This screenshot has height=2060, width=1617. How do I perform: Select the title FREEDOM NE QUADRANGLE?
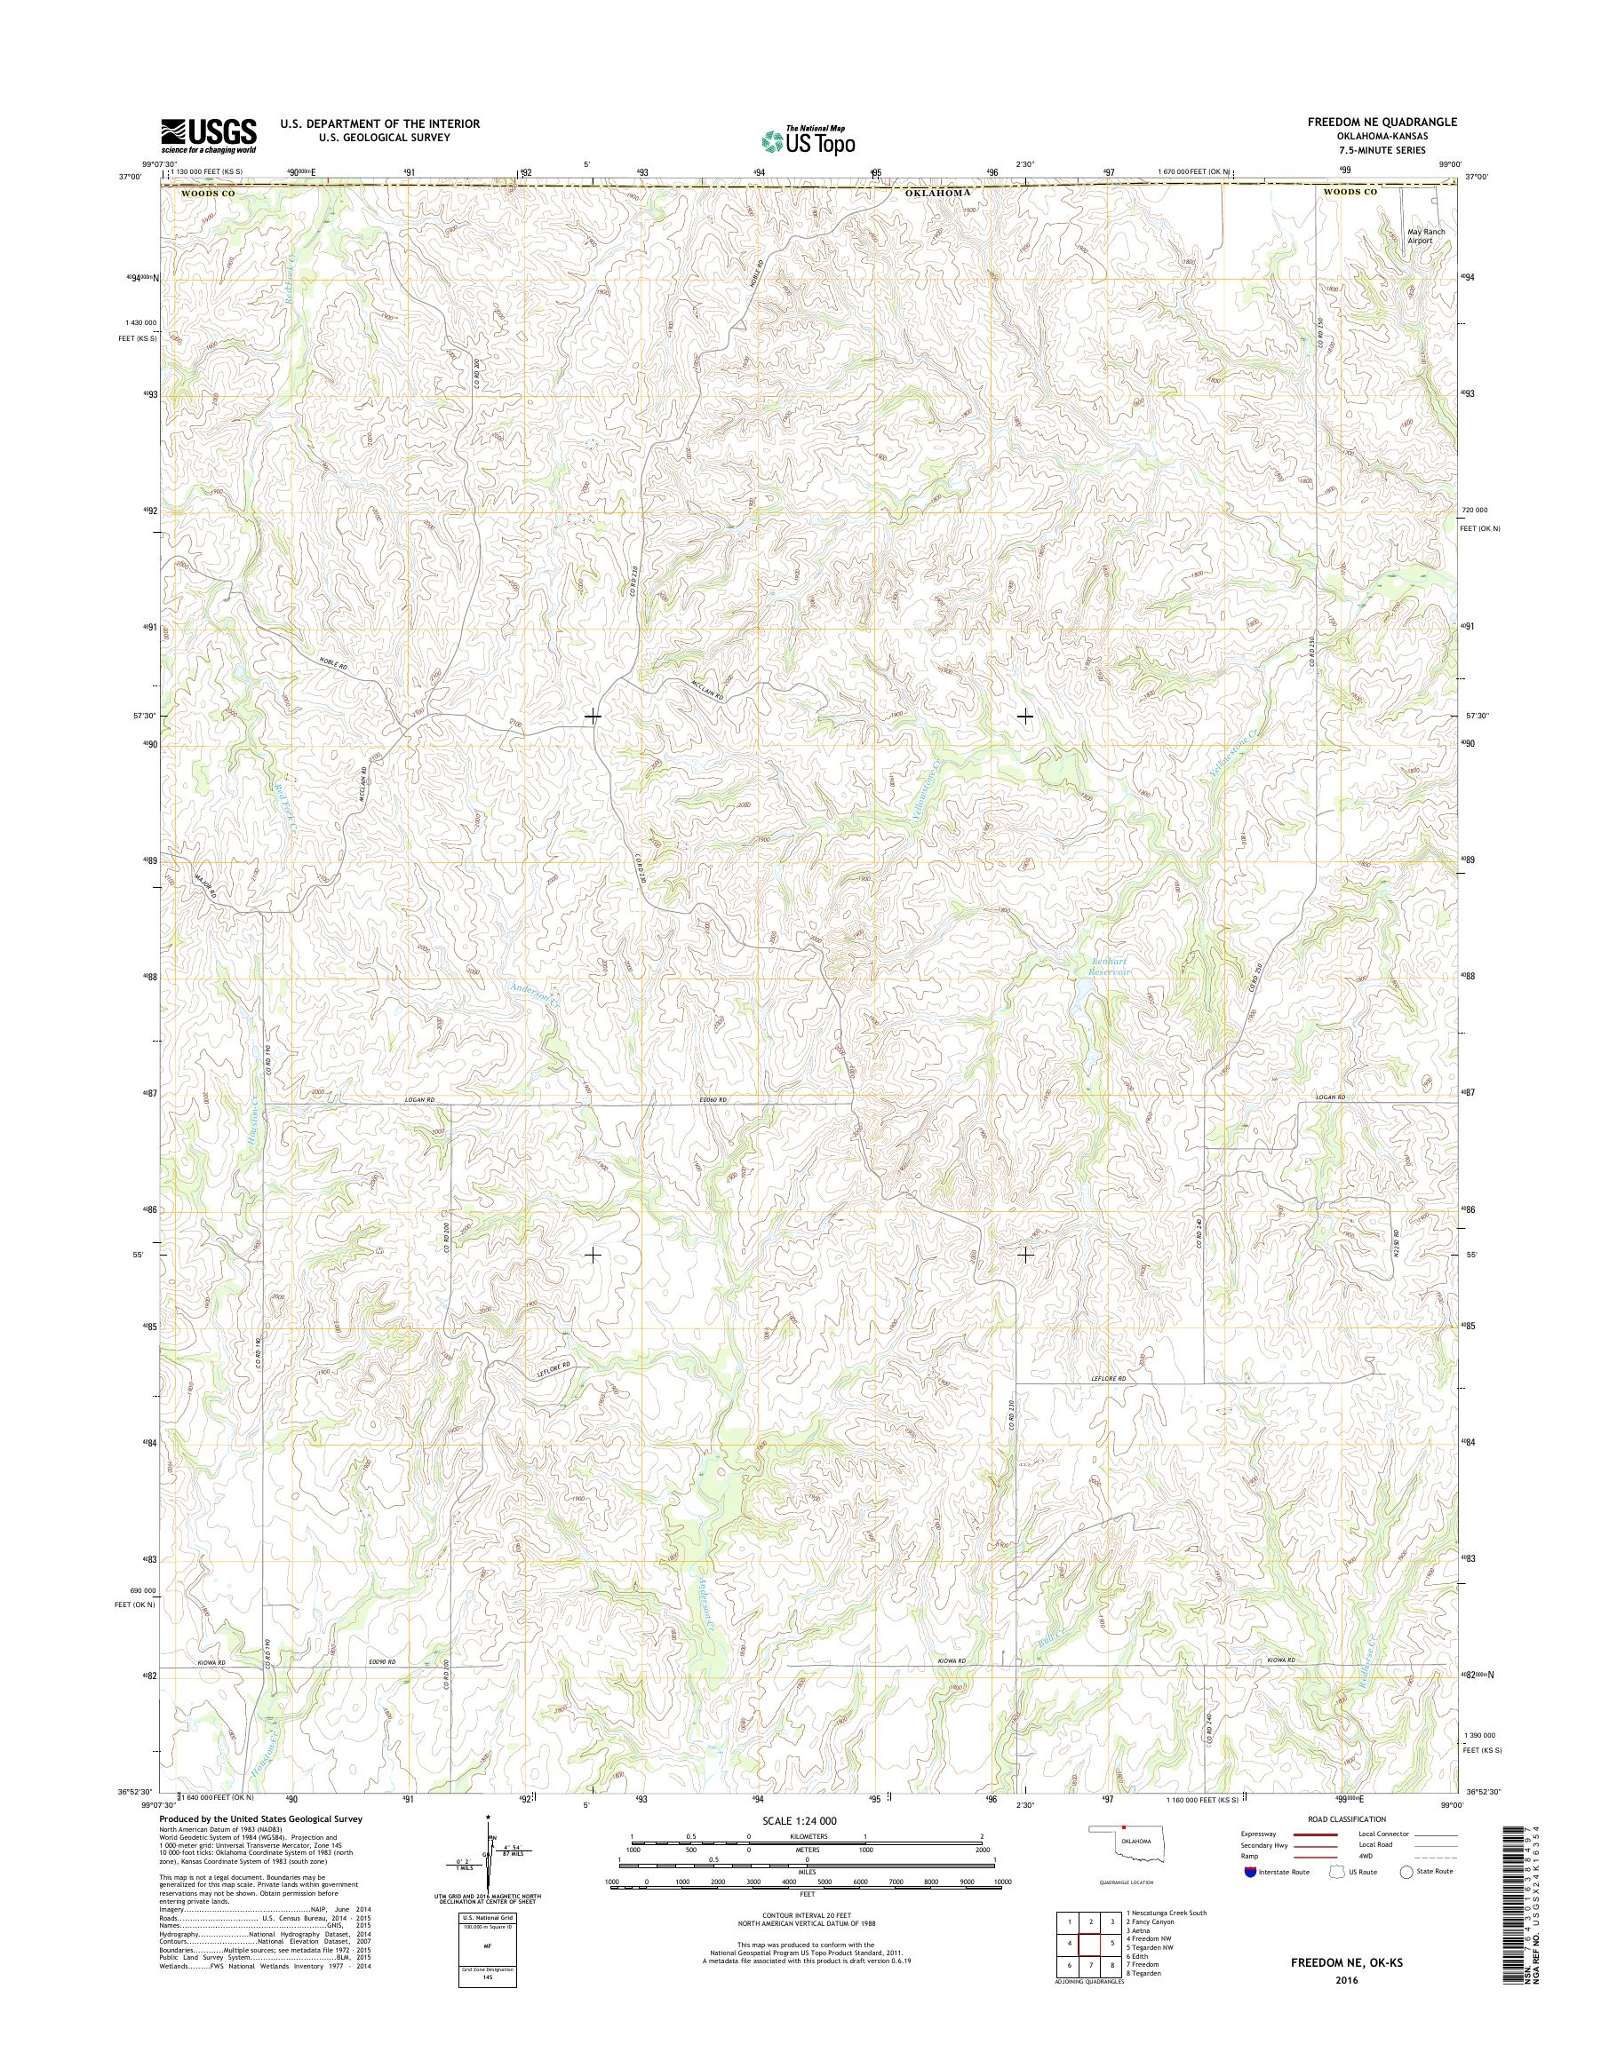click(x=1385, y=122)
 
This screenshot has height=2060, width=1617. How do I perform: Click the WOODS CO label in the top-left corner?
click(x=206, y=193)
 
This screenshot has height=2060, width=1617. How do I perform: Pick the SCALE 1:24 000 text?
click(x=808, y=1820)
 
